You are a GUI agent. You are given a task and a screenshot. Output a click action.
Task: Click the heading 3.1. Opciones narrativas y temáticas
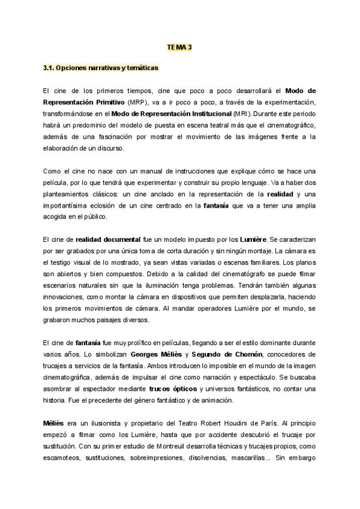point(101,68)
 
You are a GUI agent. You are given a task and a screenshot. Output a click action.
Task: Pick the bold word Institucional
point(200,113)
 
